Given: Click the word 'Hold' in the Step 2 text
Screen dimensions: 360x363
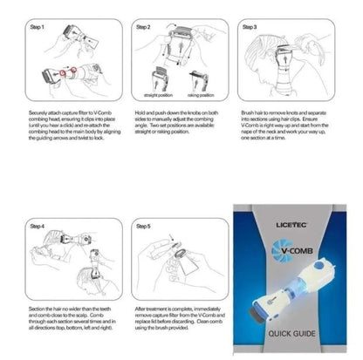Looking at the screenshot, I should click(140, 111).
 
